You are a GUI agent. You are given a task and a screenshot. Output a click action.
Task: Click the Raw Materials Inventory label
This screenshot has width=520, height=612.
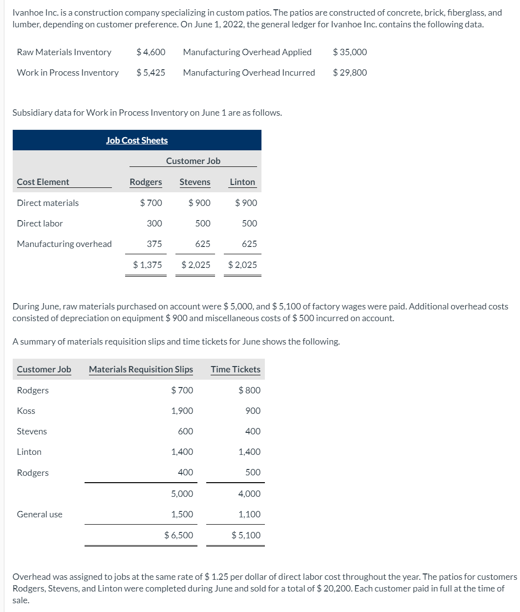(x=64, y=52)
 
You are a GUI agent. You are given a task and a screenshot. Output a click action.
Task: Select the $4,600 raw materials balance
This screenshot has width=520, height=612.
(x=151, y=52)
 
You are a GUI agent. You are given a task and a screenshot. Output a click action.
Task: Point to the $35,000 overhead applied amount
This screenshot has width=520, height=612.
(x=349, y=52)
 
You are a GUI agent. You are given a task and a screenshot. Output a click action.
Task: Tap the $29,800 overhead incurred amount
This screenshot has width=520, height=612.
(x=349, y=73)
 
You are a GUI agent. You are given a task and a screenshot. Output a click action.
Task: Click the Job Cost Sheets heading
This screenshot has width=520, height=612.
(x=137, y=141)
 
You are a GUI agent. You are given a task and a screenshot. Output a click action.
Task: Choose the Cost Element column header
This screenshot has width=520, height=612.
(x=43, y=182)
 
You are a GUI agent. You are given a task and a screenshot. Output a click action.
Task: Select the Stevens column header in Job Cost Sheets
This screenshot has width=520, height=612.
(x=195, y=182)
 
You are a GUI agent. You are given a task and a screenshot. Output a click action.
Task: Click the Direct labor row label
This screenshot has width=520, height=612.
(x=40, y=224)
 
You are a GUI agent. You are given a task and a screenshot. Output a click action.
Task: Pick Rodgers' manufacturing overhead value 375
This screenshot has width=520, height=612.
(x=154, y=244)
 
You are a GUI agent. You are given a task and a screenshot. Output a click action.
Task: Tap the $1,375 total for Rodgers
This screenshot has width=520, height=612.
(x=148, y=265)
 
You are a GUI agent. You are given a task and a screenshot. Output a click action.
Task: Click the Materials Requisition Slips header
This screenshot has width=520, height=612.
(x=141, y=369)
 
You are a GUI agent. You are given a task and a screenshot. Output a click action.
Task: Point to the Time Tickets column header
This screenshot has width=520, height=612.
(x=236, y=369)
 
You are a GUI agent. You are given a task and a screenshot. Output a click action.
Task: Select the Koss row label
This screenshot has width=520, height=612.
(x=26, y=411)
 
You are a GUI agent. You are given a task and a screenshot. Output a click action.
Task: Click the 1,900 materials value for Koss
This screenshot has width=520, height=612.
(x=182, y=411)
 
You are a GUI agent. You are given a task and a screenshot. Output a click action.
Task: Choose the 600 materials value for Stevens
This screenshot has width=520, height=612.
(x=185, y=431)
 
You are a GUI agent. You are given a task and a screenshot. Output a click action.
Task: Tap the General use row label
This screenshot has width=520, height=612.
(x=40, y=514)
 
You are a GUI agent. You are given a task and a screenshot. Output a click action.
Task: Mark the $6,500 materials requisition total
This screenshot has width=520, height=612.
(x=179, y=535)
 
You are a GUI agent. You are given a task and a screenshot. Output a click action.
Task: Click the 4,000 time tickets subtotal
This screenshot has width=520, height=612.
(x=249, y=494)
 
